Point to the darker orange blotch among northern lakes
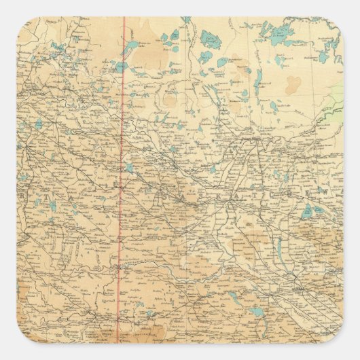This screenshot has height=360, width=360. pyautogui.click(x=293, y=85)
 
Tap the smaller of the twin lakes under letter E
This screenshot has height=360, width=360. pyautogui.click(x=304, y=211)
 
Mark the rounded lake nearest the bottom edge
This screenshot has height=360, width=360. pyautogui.click(x=257, y=313)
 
